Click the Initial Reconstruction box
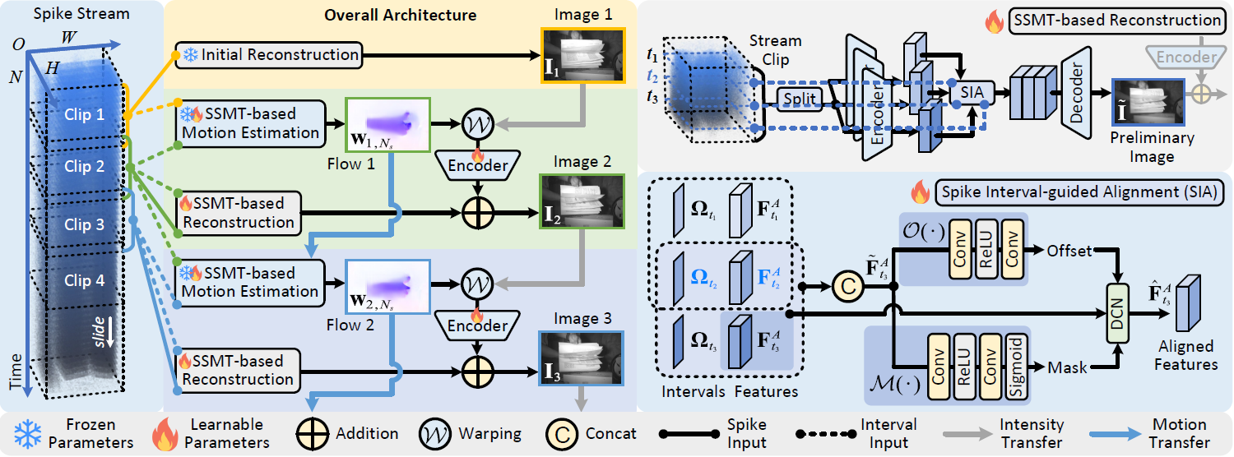[x=269, y=55]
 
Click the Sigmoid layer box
[x=1018, y=366]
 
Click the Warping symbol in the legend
[x=435, y=433]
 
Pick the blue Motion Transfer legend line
[x=1122, y=433]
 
